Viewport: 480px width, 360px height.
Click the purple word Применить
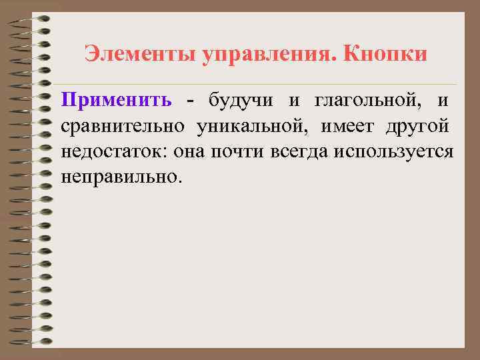[x=116, y=101]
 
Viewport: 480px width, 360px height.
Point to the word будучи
[x=239, y=101]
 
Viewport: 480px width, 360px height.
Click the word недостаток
[x=113, y=151]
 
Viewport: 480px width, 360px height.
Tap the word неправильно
[x=120, y=177]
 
